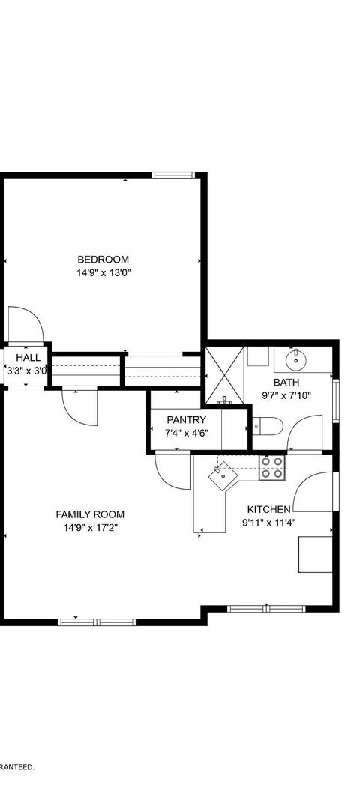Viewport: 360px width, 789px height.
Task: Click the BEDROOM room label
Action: pyautogui.click(x=103, y=259)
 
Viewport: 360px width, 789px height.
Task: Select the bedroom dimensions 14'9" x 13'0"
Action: pyautogui.click(x=103, y=274)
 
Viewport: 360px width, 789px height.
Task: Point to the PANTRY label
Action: pyautogui.click(x=186, y=419)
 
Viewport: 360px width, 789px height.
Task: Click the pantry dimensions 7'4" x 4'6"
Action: pyautogui.click(x=186, y=433)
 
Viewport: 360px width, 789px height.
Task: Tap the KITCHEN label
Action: pyautogui.click(x=268, y=509)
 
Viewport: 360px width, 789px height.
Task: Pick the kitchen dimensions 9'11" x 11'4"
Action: pyautogui.click(x=268, y=523)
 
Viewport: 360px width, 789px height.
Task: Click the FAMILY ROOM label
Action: pyautogui.click(x=90, y=514)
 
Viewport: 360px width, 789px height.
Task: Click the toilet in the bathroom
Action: pyautogui.click(x=267, y=427)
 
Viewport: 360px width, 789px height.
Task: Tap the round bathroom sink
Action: pyautogui.click(x=295, y=359)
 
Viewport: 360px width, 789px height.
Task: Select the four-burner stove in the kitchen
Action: pyautogui.click(x=271, y=468)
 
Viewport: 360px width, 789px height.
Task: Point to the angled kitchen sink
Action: pyautogui.click(x=223, y=474)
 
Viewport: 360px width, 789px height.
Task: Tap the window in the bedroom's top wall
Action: pyautogui.click(x=173, y=175)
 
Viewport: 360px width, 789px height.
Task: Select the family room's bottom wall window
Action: pyautogui.click(x=97, y=621)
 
